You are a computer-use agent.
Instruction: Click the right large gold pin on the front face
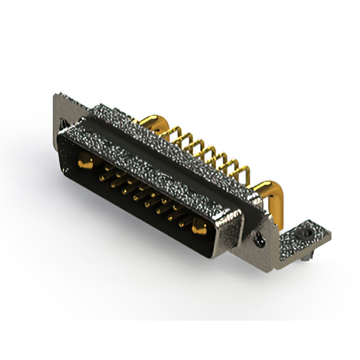pos(198,229)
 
